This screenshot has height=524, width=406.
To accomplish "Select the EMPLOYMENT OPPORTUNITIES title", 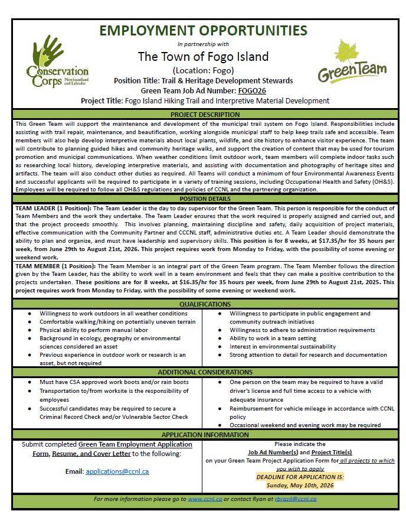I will (x=202, y=30).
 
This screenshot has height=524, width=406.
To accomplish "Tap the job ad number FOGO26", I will (x=252, y=91).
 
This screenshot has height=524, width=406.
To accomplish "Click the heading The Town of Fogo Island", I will (x=202, y=57).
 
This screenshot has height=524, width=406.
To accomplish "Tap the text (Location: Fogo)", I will (x=203, y=70).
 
